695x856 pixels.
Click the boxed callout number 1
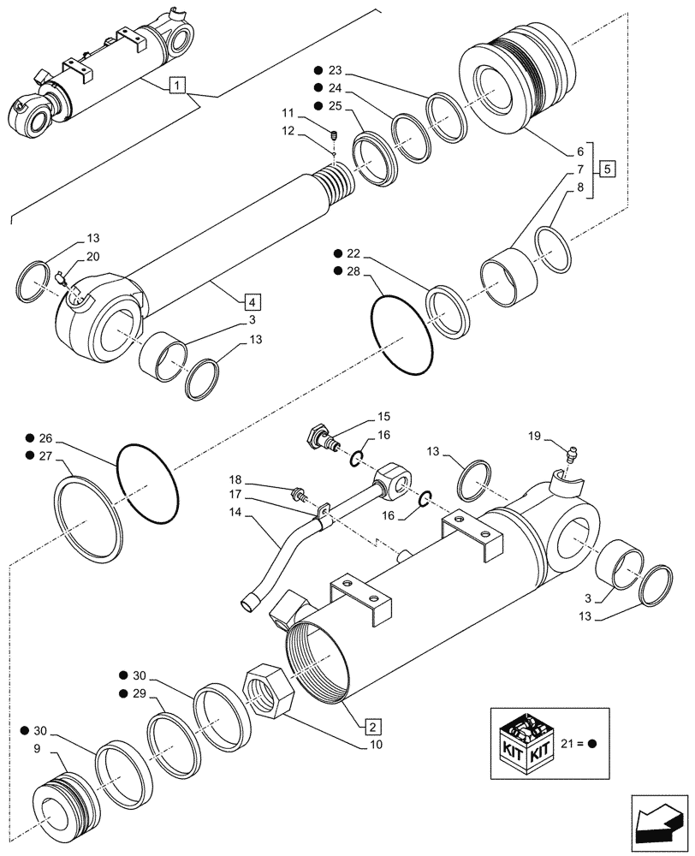(x=175, y=84)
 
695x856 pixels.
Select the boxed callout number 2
(x=372, y=728)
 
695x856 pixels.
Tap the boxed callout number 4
(x=252, y=301)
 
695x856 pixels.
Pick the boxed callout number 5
(x=606, y=168)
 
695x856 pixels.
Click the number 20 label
(x=92, y=258)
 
